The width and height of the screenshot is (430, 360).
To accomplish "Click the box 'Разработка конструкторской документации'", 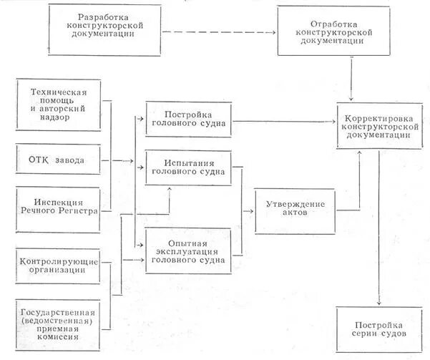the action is [x=104, y=30].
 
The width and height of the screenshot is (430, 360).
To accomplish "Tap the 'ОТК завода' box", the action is [x=57, y=159].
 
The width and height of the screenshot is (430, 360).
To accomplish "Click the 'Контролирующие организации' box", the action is [x=57, y=265].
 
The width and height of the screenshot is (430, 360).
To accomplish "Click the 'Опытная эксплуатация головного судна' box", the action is [x=188, y=250].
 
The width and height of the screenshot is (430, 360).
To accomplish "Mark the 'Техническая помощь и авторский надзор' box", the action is [x=57, y=104].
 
